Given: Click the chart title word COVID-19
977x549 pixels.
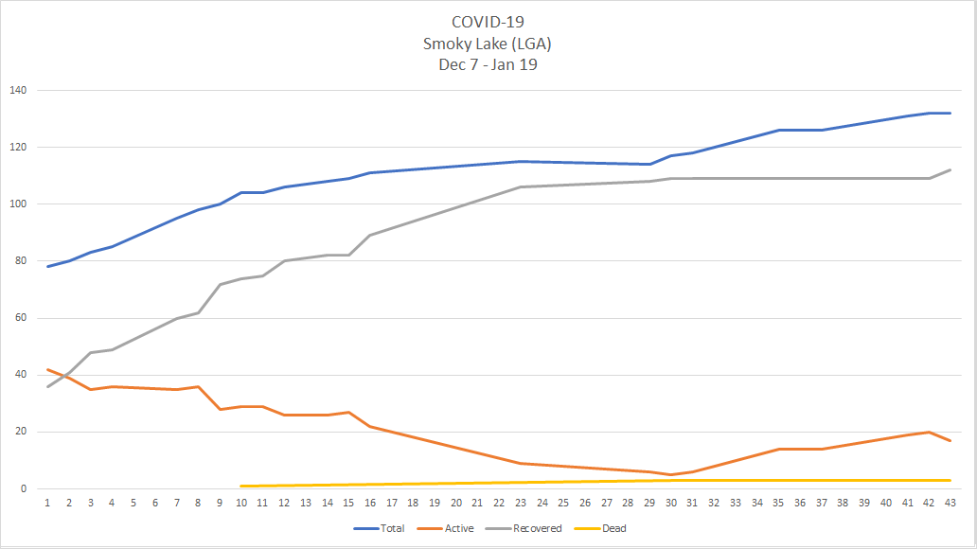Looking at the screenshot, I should (488, 22).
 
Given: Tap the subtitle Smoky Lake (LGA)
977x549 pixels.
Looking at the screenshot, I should (488, 43).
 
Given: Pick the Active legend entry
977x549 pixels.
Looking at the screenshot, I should (458, 528).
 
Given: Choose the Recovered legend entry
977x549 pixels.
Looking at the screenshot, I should (537, 528).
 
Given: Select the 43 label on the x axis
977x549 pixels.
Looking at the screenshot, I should (950, 503).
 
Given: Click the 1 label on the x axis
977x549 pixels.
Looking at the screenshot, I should (47, 503).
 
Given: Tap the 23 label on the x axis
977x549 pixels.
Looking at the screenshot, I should (520, 503).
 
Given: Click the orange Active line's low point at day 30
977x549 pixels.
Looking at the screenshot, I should (670, 475).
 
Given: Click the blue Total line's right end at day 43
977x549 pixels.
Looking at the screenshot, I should (950, 114).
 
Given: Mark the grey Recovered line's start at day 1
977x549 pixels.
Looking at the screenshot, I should (47, 386).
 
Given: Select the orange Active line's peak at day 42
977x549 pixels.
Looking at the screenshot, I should (928, 433).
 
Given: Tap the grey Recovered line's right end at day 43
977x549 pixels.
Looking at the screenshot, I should (950, 170).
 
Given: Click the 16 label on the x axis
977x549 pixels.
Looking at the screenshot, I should (369, 503).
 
